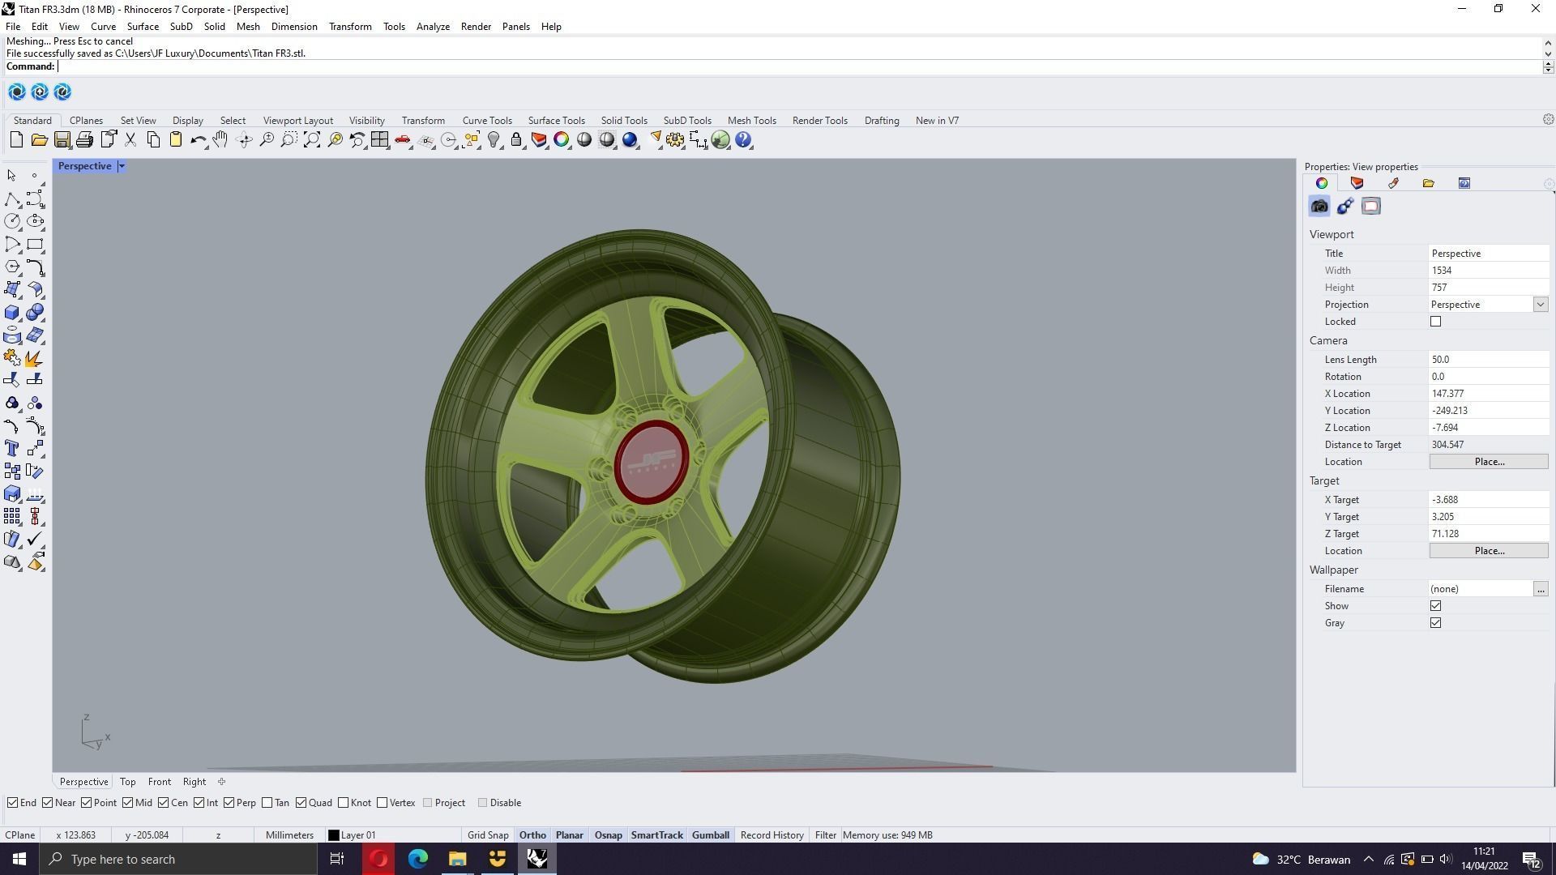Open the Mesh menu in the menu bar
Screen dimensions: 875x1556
[x=248, y=27]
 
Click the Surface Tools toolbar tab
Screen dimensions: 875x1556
[x=556, y=121]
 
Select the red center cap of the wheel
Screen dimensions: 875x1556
[x=651, y=462]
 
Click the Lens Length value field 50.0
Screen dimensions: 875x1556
[x=1487, y=360]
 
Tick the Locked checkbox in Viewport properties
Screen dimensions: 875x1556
[x=1435, y=322]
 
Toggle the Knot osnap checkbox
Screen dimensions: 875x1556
[x=344, y=803]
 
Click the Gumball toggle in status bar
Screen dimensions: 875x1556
[x=710, y=835]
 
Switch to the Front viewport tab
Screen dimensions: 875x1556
[x=159, y=782]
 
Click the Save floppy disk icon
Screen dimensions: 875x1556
[x=62, y=140]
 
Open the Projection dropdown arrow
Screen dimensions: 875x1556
[x=1540, y=305]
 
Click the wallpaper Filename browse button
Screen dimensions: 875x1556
[x=1540, y=589]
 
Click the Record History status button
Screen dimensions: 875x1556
[x=772, y=835]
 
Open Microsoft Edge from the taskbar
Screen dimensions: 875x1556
[x=418, y=859]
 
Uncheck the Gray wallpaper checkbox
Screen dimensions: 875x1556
[x=1435, y=623]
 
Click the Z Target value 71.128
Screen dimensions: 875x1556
[x=1487, y=534]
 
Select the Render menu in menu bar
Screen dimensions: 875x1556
[x=476, y=27]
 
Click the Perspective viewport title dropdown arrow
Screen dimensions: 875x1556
[x=122, y=166]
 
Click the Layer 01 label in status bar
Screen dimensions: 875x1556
[x=357, y=835]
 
